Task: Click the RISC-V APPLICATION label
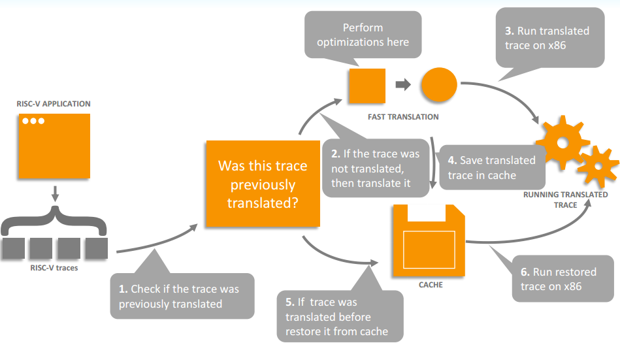54,104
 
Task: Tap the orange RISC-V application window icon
54,146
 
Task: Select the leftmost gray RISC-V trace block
14,248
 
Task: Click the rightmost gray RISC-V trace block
97,248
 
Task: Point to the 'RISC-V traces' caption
54,268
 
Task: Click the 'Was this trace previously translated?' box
263,184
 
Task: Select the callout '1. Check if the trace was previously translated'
182,296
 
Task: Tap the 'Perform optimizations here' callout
363,35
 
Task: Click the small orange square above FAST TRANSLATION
367,86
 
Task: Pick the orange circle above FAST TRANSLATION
439,85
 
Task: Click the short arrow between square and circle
403,84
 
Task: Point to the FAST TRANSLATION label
403,117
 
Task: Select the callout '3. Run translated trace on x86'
550,38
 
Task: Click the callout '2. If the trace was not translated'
376,168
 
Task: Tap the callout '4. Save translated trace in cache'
493,167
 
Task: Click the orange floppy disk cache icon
429,240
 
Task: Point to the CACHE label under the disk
431,285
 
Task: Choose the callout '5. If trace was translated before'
340,316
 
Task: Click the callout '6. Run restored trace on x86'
563,278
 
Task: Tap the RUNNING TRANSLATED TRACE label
565,200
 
